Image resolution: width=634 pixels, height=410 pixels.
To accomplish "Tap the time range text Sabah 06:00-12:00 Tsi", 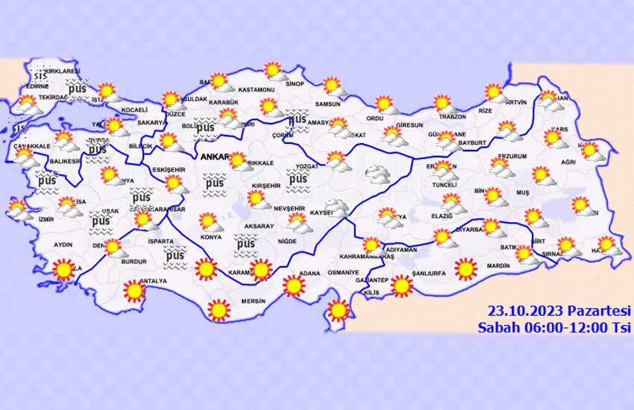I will tap(554, 327).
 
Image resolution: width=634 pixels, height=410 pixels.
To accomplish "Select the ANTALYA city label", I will tap(153, 281).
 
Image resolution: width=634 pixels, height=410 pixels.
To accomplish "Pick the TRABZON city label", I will tap(453, 117).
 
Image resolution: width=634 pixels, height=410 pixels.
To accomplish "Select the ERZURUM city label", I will tap(512, 157).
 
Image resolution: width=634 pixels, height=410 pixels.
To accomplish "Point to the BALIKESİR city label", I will tap(65, 161).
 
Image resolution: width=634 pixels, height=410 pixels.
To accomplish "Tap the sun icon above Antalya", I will tap(134, 290).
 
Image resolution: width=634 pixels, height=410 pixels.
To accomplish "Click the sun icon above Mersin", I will tap(219, 309).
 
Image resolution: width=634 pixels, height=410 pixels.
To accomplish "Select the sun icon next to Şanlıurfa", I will tap(402, 285).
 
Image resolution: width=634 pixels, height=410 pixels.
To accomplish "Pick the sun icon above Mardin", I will tap(465, 268).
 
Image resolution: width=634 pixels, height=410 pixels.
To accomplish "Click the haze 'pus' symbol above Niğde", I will tap(245, 242).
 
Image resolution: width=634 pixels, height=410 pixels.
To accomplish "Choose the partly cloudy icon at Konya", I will tap(210, 221).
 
